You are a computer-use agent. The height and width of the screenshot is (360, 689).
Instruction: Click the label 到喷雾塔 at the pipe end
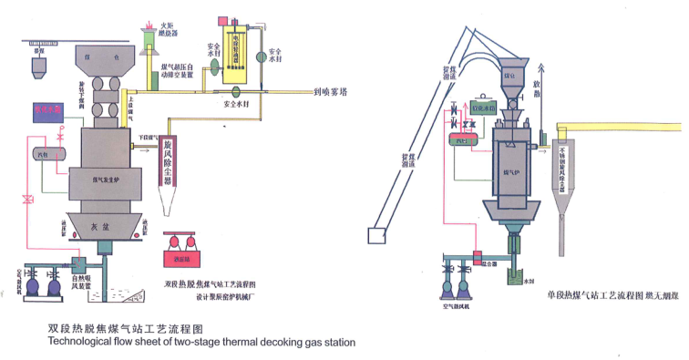tap(337, 91)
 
